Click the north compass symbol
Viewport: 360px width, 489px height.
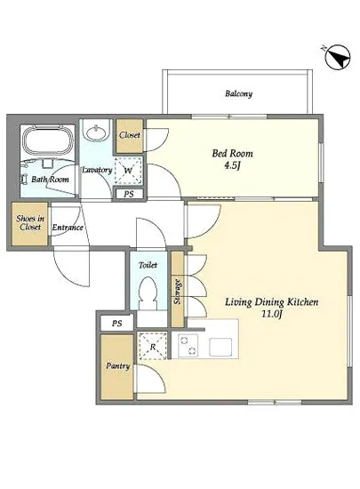[x=338, y=58]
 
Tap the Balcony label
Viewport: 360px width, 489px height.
[x=238, y=93]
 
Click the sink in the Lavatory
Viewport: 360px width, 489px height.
[x=97, y=132]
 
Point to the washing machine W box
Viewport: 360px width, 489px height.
[x=128, y=171]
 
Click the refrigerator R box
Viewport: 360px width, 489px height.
[x=153, y=346]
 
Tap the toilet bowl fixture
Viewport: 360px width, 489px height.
[x=148, y=291]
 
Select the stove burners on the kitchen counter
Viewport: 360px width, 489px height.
[x=188, y=345]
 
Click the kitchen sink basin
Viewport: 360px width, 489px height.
[x=220, y=347]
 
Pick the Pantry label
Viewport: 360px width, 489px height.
[x=117, y=365]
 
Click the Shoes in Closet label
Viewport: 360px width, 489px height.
[x=30, y=222]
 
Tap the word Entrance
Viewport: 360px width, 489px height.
[x=68, y=228]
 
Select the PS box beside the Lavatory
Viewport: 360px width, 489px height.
[x=128, y=194]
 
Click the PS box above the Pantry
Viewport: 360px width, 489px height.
[x=116, y=324]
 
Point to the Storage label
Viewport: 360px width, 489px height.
[x=178, y=292]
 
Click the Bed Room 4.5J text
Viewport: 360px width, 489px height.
[x=232, y=159]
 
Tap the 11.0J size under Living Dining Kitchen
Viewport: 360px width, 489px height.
[x=272, y=314]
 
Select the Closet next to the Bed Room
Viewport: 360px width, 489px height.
[x=130, y=136]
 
